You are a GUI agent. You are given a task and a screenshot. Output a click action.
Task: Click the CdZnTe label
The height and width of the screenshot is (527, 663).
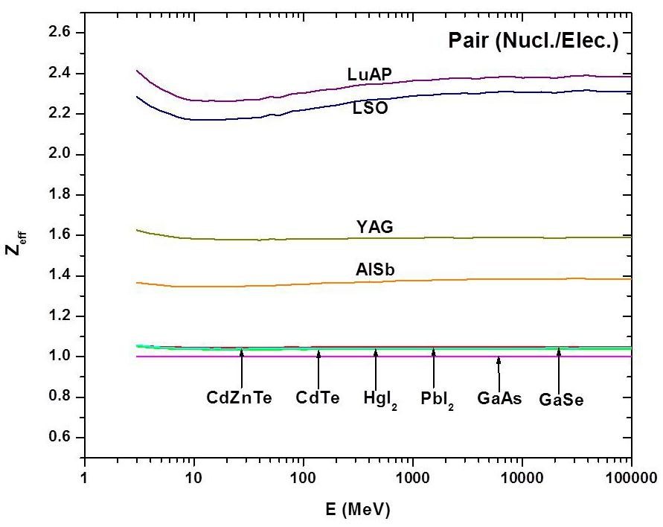(240, 398)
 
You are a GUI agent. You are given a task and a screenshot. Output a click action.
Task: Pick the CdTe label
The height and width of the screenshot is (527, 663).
(318, 398)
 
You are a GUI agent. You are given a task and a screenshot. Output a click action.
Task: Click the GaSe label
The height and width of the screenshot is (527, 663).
(560, 398)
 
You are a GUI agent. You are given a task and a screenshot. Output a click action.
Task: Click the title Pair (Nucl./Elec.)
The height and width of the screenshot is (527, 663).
(533, 41)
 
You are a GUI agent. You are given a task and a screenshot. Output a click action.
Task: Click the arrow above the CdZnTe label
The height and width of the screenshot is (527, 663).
(242, 366)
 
